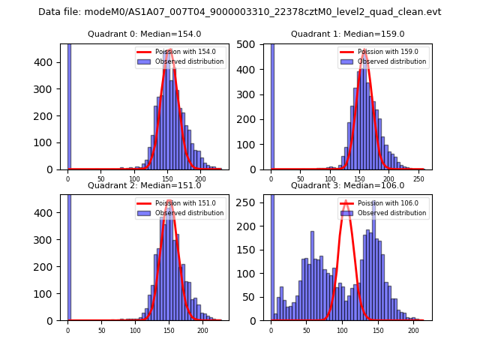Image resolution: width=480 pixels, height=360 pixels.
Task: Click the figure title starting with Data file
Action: [x=240, y=12]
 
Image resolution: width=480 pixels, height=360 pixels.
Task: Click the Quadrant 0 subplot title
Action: [x=144, y=34]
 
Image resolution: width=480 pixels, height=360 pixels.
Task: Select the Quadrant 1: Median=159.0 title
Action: [x=347, y=34]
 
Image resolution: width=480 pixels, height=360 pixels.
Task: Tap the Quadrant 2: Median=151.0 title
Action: [x=144, y=185]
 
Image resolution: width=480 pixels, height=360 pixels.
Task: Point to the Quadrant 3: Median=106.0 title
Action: [x=347, y=185]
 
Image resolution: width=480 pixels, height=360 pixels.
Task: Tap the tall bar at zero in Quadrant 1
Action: [x=272, y=105]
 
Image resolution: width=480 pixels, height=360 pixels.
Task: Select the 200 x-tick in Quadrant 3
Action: [x=412, y=330]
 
